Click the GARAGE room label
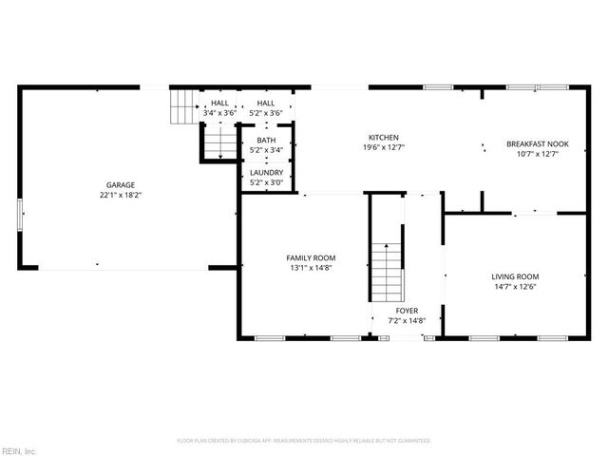click(120, 184)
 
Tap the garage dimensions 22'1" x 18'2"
click(120, 195)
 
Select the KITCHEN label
click(384, 137)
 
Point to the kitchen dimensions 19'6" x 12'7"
click(384, 147)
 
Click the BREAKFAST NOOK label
click(537, 143)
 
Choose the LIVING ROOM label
click(515, 276)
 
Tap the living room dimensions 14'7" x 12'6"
click(515, 287)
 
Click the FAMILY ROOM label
click(311, 257)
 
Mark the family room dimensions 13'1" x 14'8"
click(311, 268)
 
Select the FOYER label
click(407, 310)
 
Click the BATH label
click(266, 140)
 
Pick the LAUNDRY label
click(266, 172)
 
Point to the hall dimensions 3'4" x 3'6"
click(219, 113)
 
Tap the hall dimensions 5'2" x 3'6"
click(266, 113)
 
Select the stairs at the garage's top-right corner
click(181, 106)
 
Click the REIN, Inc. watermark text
click(19, 449)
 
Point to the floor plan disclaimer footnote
click(304, 441)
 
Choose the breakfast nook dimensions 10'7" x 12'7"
click(537, 154)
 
